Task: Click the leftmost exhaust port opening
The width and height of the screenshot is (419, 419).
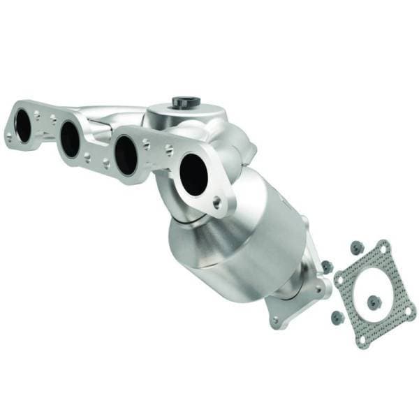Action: pos(24,126)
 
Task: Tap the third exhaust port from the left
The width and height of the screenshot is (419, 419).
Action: pos(126,154)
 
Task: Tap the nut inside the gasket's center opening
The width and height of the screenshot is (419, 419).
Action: pos(374,302)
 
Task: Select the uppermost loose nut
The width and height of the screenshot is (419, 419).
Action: pos(357,247)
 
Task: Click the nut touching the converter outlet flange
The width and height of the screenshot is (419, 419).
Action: pos(325,265)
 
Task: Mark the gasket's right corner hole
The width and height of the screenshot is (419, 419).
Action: pos(410,304)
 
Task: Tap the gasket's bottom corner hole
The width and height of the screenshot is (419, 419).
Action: pos(362,339)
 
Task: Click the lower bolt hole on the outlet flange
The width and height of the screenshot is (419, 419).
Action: pos(275,321)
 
